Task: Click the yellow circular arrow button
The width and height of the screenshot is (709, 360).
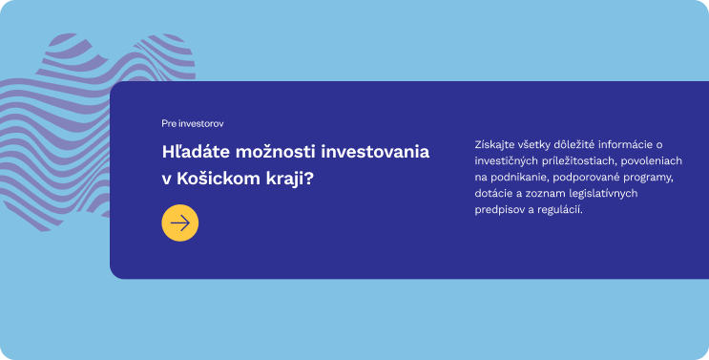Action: click(x=180, y=222)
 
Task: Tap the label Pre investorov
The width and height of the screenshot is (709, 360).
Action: click(x=193, y=124)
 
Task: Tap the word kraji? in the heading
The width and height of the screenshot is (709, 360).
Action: click(x=291, y=179)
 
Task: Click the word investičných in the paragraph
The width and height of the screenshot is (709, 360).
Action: click(x=505, y=161)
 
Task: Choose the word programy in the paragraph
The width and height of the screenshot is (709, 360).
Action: click(x=652, y=178)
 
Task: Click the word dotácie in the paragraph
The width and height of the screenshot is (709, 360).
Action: click(x=492, y=194)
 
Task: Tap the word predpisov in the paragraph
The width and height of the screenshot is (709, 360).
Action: click(x=498, y=210)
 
